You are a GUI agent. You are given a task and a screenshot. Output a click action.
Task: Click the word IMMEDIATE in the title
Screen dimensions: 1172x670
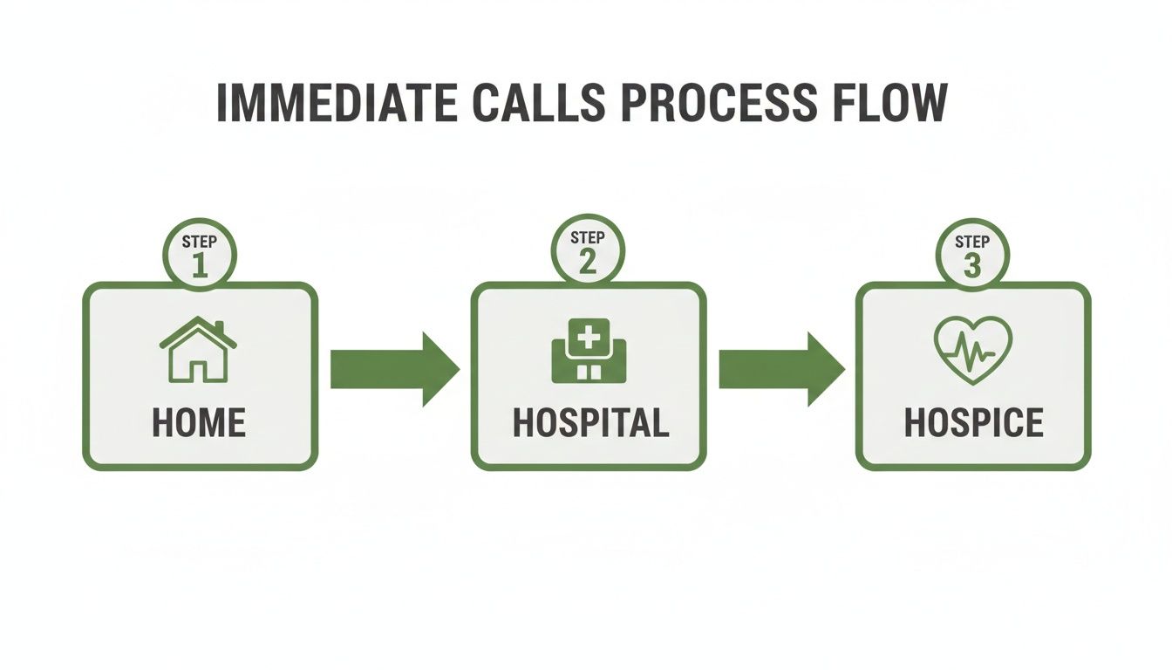click(337, 102)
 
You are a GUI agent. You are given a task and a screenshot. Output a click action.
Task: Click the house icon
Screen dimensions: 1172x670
click(198, 349)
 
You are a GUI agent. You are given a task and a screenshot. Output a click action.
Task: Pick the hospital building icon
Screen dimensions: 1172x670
click(589, 350)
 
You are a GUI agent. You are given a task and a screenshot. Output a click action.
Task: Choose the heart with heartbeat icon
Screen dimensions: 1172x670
click(973, 350)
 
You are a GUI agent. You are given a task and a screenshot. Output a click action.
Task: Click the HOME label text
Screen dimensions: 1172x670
click(199, 423)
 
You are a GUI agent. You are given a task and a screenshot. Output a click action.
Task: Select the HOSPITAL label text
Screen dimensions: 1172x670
click(590, 423)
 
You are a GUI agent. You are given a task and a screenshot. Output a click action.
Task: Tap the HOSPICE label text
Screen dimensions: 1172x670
click(974, 423)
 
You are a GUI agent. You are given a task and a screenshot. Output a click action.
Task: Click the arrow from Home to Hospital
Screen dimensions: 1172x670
click(395, 369)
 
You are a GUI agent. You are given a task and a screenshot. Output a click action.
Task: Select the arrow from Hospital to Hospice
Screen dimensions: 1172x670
click(782, 369)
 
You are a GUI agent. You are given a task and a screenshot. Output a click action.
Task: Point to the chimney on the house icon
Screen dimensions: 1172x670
click(219, 327)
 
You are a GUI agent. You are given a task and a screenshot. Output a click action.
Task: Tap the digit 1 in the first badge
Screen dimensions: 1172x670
click(200, 265)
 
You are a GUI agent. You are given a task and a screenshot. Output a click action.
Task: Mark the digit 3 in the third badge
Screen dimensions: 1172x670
click(972, 265)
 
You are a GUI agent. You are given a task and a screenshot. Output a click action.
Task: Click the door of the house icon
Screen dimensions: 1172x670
click(198, 371)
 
